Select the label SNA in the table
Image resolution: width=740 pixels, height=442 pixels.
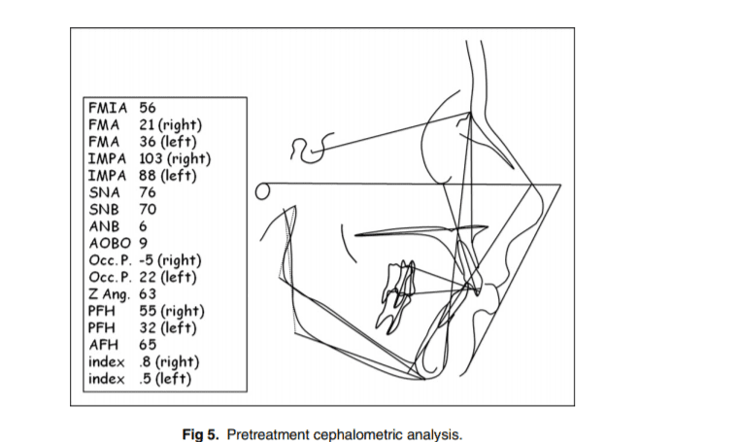104,192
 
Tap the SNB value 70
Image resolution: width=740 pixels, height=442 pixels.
148,209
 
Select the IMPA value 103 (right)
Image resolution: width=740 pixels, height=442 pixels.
176,158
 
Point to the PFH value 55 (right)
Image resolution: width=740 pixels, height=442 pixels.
172,311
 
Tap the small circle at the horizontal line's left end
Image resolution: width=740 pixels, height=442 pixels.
260,190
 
